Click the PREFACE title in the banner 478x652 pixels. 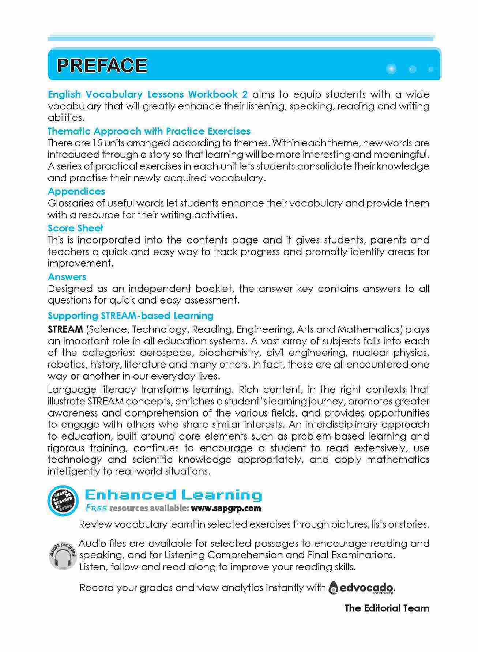click(x=102, y=66)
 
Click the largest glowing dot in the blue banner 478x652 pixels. click(x=391, y=69)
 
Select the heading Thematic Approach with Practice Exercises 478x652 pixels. click(x=149, y=131)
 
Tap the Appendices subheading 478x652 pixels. click(x=76, y=191)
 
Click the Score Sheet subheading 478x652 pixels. click(x=75, y=228)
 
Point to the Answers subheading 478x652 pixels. click(x=67, y=277)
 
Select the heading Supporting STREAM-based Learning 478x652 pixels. click(x=131, y=316)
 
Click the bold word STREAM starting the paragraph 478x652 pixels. click(x=65, y=329)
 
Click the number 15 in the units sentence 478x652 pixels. click(x=97, y=143)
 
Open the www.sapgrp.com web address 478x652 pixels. click(x=226, y=508)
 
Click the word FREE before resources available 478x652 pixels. click(x=97, y=508)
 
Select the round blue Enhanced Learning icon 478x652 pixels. click(x=63, y=500)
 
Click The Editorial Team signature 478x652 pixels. click(x=387, y=608)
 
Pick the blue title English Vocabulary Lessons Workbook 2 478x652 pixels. click(x=148, y=94)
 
